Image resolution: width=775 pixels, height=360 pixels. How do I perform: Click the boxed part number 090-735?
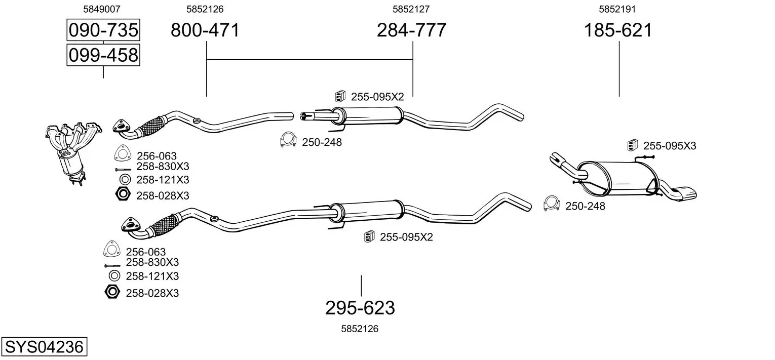click(103, 30)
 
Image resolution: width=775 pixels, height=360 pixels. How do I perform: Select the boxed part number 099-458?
click(103, 55)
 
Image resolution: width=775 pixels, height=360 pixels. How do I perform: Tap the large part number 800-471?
click(205, 30)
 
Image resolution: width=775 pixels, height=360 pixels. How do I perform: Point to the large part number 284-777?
click(411, 30)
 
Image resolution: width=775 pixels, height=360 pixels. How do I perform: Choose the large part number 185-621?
click(618, 30)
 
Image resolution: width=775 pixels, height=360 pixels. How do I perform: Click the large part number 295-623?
click(360, 308)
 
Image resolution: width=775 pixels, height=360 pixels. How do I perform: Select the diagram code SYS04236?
click(44, 346)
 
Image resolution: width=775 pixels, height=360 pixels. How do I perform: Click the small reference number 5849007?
click(102, 9)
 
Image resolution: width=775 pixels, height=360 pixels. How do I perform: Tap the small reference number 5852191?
click(617, 9)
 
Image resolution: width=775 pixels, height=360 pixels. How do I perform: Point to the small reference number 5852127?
click(411, 9)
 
